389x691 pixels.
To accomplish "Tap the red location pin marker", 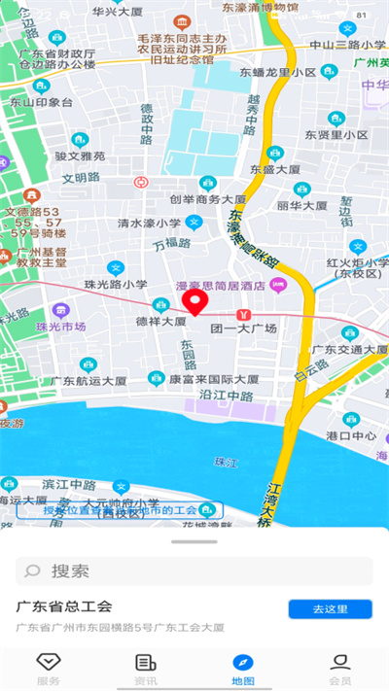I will pos(197,303).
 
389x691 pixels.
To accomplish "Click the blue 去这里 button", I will pos(330,609).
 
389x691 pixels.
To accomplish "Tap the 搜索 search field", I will pos(194,570).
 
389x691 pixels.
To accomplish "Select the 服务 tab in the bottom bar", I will pos(49,669).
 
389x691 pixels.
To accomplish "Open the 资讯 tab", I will pos(146,669).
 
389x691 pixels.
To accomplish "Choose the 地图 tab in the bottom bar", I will pos(243,669).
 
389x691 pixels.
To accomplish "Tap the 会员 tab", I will pos(340,669).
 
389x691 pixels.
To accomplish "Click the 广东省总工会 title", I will pos(65,606).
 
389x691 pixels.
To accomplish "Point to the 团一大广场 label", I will pos(244,328).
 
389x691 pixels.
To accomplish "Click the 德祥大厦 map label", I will pos(160,320).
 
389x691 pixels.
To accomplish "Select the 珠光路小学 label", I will pos(116,284).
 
